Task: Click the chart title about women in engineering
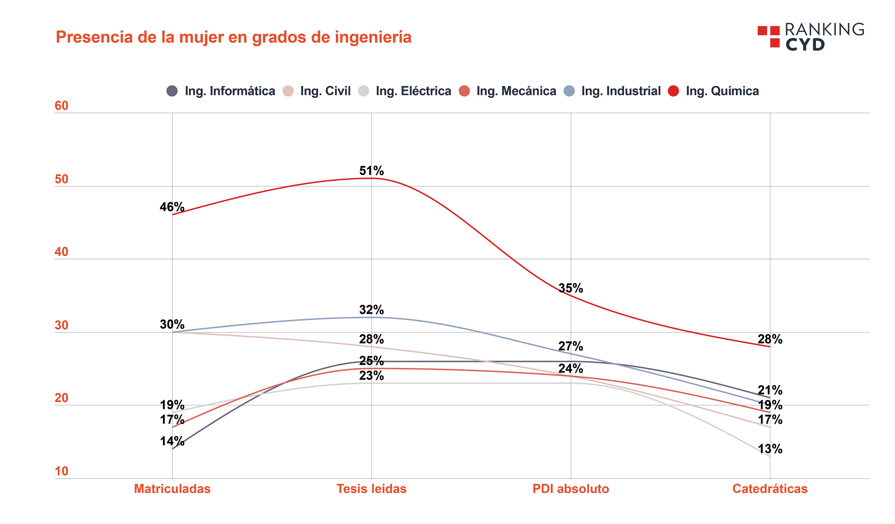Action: (x=233, y=37)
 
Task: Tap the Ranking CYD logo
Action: (x=811, y=37)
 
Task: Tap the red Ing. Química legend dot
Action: (x=673, y=91)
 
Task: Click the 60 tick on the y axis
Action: (x=61, y=106)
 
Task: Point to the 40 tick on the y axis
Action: (x=61, y=252)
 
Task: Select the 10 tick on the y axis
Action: (x=61, y=472)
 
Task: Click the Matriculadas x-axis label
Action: (x=172, y=489)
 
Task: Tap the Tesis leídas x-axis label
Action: (x=371, y=489)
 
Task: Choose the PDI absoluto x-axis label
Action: (x=571, y=489)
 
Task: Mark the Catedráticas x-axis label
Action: (x=770, y=489)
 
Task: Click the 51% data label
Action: (x=371, y=171)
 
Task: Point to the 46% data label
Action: (x=172, y=207)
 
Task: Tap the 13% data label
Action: (x=770, y=449)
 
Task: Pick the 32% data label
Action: (x=371, y=310)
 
